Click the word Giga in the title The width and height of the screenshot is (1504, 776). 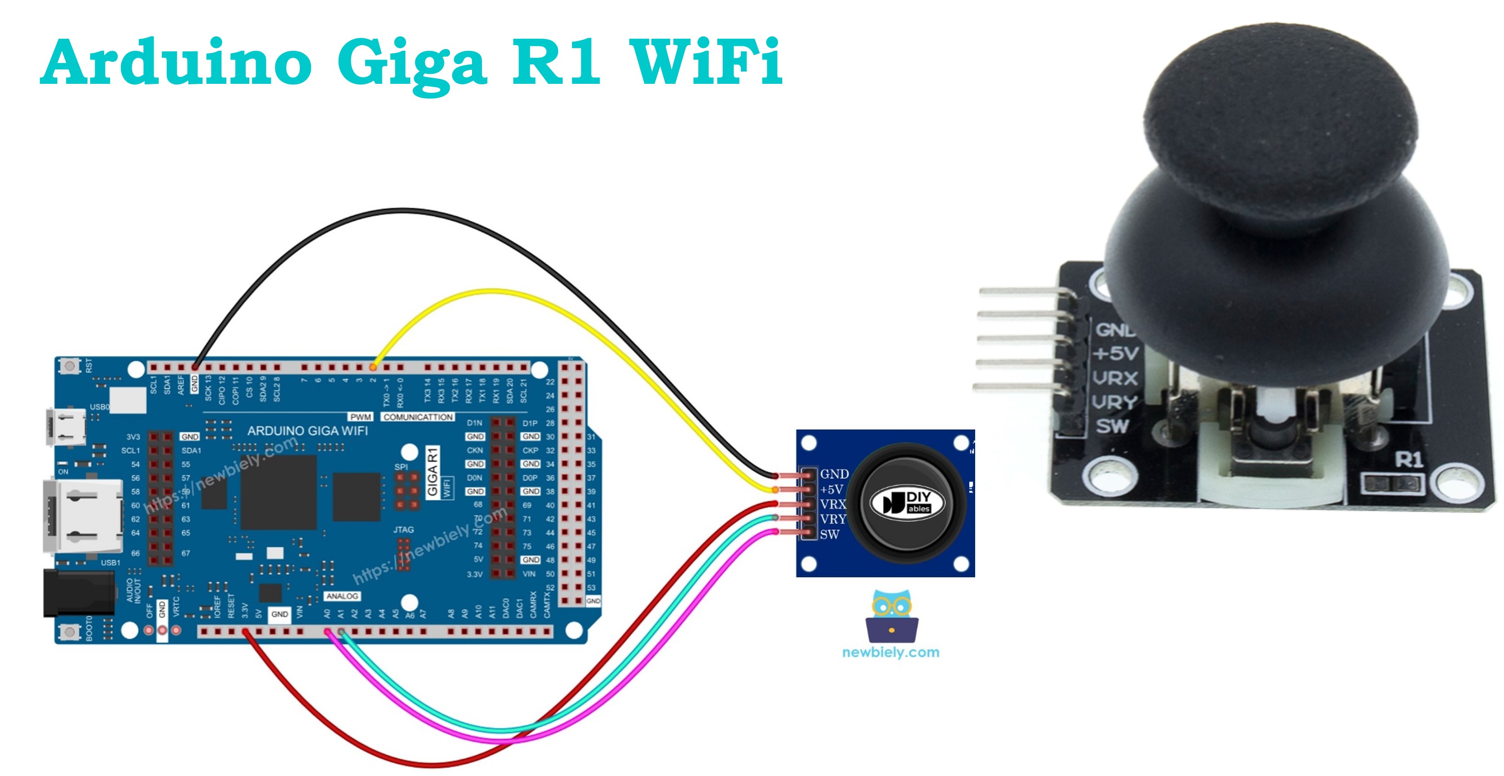412,61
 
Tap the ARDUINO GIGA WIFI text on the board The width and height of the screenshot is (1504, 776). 307,431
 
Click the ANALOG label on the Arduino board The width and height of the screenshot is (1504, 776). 342,596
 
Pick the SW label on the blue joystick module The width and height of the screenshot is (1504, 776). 830,534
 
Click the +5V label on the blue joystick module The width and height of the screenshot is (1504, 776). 831,489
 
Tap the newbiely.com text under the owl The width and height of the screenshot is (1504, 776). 890,653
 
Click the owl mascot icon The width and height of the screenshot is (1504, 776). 892,616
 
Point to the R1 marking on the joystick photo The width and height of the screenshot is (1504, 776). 1408,460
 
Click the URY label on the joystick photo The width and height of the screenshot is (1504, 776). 1114,402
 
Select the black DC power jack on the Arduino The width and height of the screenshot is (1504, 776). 79,593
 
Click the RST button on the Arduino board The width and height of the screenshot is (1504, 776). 70,366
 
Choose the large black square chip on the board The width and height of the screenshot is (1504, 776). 279,493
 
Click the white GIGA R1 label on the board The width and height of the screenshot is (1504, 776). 433,471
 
